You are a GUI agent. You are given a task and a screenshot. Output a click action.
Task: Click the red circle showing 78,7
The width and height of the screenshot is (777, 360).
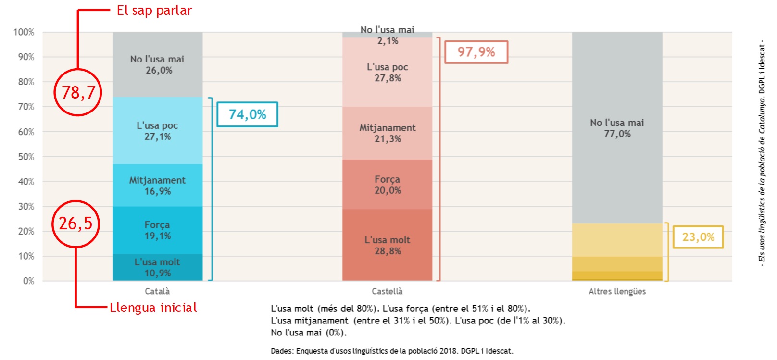click(78, 92)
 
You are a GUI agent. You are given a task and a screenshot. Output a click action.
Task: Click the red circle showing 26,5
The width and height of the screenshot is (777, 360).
click(75, 223)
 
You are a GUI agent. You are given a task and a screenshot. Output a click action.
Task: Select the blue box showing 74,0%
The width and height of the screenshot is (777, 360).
click(247, 114)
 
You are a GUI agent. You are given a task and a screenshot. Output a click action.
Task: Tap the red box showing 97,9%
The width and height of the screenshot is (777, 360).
click(476, 52)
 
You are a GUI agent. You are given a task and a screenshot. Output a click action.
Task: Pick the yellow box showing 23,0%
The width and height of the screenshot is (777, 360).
click(698, 237)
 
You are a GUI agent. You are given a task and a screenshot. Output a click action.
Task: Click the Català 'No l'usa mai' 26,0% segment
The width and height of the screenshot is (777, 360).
click(158, 65)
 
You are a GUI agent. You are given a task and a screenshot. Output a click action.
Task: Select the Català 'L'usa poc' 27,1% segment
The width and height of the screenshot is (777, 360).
click(158, 131)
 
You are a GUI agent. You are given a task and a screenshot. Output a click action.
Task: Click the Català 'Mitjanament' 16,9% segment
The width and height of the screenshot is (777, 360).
click(158, 186)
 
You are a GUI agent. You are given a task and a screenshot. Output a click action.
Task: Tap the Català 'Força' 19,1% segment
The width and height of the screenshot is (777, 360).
click(158, 230)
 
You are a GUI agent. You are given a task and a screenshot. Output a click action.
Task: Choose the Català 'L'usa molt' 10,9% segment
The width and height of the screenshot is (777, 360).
click(158, 267)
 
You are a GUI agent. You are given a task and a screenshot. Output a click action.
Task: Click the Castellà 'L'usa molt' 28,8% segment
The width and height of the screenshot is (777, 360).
click(388, 245)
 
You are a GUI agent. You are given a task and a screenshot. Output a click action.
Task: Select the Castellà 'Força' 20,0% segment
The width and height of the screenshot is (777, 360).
click(388, 185)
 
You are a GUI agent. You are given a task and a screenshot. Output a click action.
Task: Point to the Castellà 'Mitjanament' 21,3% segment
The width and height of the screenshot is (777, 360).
click(388, 133)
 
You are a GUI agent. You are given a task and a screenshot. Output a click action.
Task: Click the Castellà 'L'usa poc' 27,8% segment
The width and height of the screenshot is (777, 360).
click(388, 72)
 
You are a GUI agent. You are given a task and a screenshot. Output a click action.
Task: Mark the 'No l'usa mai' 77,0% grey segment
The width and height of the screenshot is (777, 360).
click(617, 128)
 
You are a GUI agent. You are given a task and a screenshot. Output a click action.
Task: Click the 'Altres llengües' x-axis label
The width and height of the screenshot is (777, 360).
click(617, 291)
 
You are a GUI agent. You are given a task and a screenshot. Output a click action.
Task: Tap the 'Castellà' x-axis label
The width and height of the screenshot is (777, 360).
click(387, 291)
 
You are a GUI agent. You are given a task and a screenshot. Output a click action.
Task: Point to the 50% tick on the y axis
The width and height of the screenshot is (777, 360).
click(26, 157)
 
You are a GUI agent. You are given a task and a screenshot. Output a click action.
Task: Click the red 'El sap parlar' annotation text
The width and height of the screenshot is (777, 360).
click(154, 11)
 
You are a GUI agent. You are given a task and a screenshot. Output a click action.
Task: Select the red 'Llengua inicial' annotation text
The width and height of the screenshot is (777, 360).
click(153, 308)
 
